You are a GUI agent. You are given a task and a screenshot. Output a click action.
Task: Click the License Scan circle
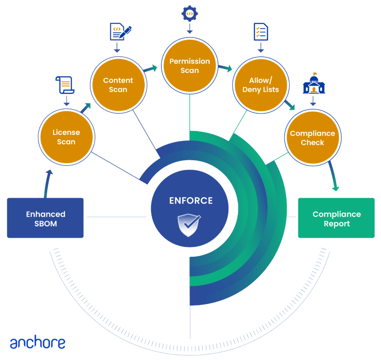coord(66,137)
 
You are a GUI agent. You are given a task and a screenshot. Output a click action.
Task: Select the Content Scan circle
coord(118,85)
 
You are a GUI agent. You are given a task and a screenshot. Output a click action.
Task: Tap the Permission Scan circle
coord(189,66)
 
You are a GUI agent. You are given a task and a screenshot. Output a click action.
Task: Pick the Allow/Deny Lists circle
coord(260,85)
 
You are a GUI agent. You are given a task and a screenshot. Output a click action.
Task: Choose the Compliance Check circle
coord(313,138)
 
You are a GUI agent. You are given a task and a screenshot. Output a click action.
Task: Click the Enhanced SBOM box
coord(45,218)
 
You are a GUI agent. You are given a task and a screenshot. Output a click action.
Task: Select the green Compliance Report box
coord(336,218)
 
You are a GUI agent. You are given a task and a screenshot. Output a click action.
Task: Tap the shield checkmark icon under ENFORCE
coord(189,225)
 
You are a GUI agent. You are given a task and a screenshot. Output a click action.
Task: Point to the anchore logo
coord(38,343)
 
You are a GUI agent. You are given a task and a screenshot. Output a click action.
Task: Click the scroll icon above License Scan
coord(65,86)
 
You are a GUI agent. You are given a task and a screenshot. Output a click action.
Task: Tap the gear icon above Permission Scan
coord(189,13)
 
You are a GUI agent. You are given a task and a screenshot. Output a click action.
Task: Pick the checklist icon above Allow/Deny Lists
coord(261,32)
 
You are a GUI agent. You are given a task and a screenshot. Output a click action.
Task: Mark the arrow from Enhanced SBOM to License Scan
coord(48,183)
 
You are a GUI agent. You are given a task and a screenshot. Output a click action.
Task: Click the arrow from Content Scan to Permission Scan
coord(150,68)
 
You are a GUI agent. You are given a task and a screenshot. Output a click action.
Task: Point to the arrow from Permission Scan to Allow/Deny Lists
coord(225,67)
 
